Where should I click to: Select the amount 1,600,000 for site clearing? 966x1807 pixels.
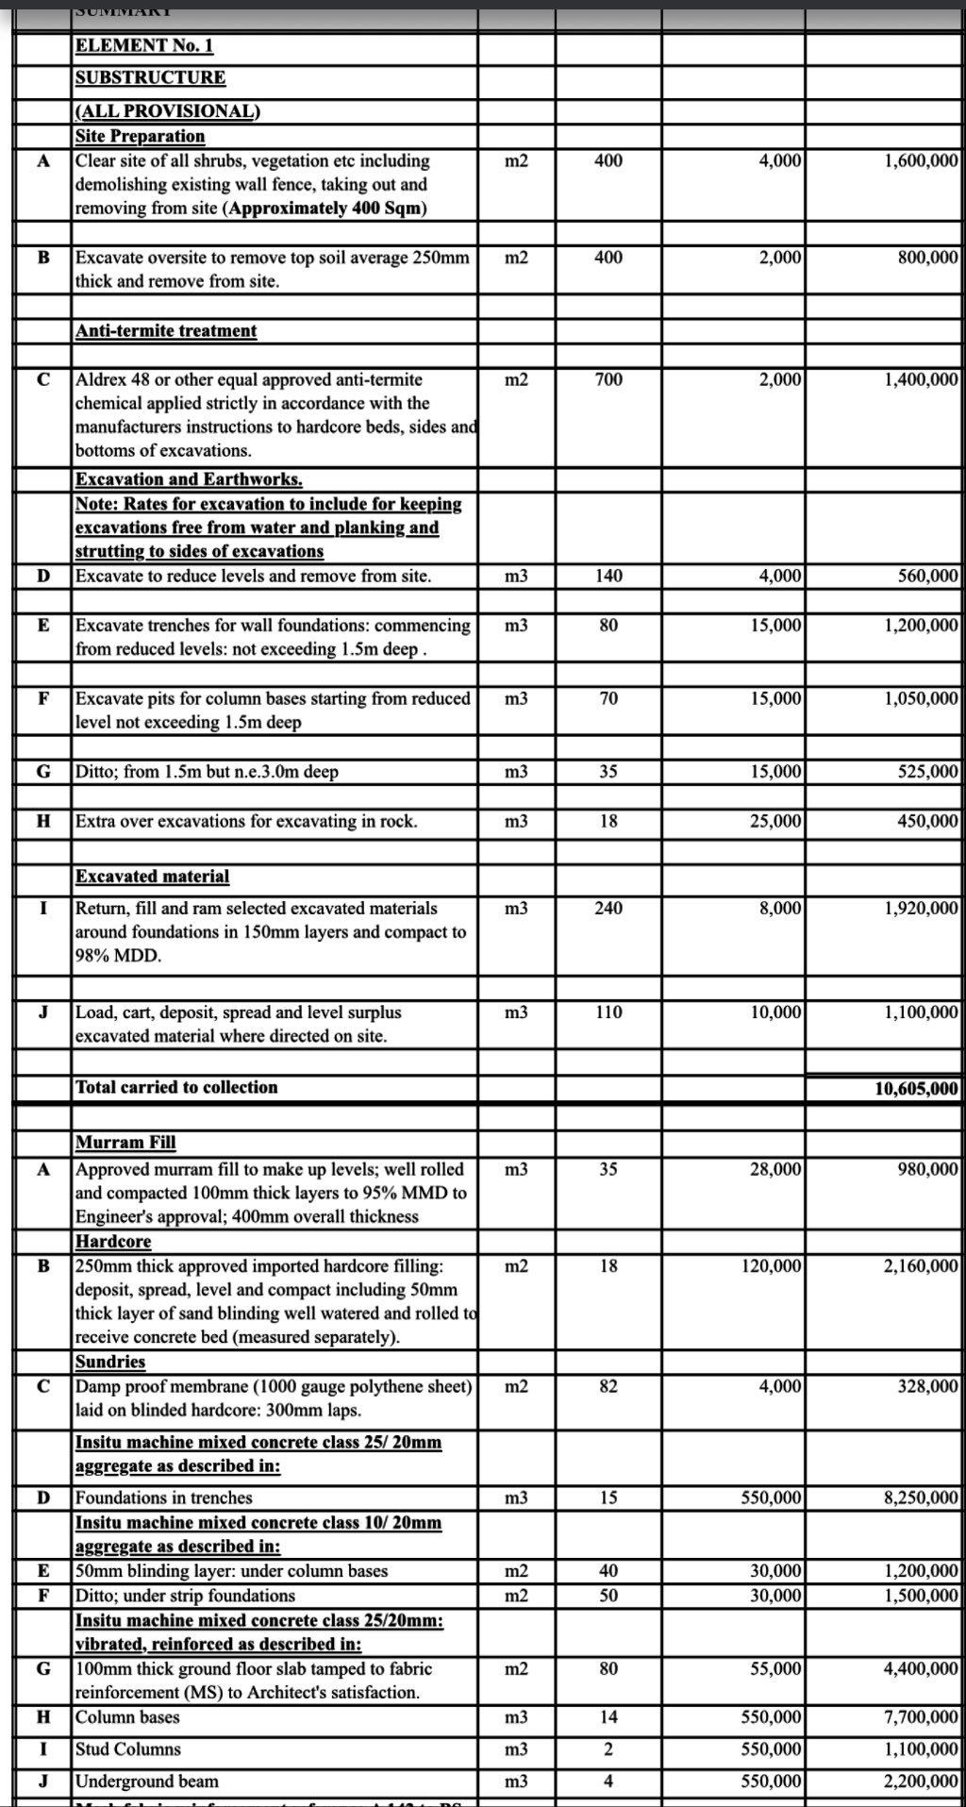(921, 161)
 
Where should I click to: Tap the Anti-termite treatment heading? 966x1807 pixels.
(165, 331)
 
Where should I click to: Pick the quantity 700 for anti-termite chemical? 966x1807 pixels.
(608, 380)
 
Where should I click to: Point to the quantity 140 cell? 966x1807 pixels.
(608, 577)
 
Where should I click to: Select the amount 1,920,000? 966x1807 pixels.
(921, 909)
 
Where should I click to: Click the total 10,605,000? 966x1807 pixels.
(916, 1089)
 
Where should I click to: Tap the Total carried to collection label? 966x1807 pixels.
(176, 1087)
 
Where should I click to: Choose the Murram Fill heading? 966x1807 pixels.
(125, 1143)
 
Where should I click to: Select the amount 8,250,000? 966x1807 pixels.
(921, 1498)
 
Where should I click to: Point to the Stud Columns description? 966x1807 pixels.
(127, 1749)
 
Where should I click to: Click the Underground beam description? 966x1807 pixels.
(146, 1782)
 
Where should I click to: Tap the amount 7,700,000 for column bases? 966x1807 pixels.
(921, 1717)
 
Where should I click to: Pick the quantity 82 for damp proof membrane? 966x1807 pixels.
(608, 1387)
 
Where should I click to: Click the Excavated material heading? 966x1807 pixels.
(152, 877)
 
